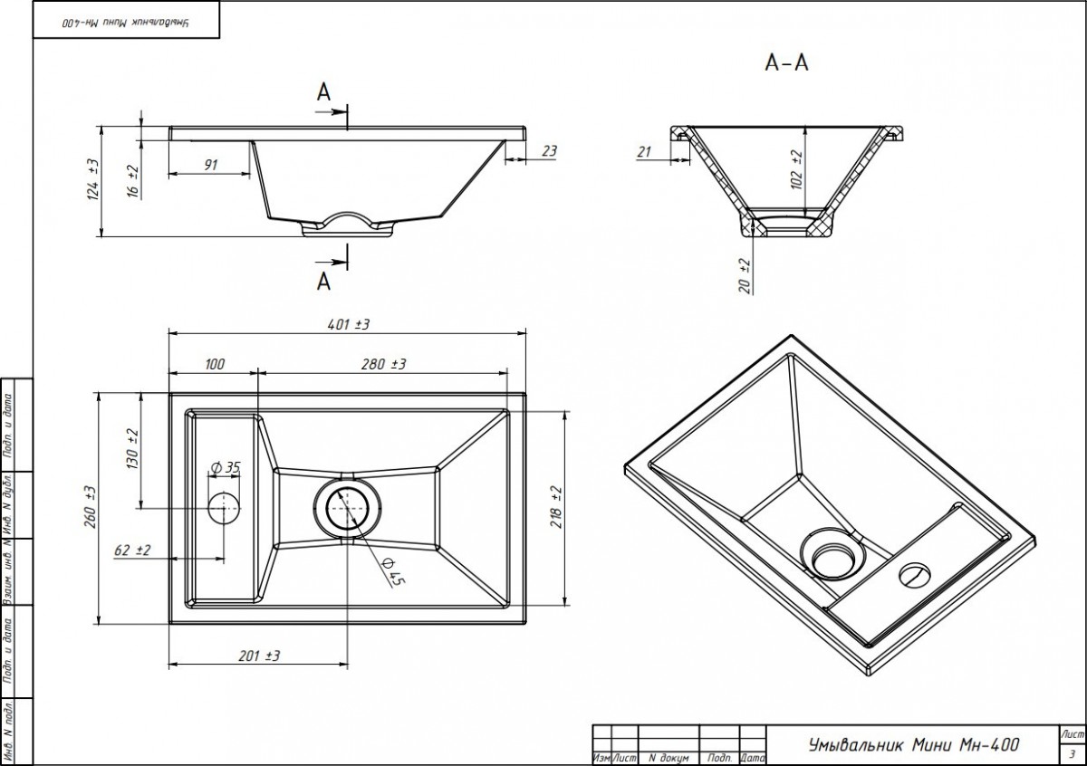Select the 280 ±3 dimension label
click(383, 364)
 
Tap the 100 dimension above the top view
click(215, 364)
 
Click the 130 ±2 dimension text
click(133, 447)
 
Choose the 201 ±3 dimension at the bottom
click(258, 656)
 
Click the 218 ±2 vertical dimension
click(556, 507)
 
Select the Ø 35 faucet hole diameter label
click(225, 467)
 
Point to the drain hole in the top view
click(347, 508)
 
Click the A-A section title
click(786, 62)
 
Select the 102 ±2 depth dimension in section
click(796, 168)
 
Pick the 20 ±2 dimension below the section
click(745, 274)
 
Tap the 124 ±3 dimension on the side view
click(91, 180)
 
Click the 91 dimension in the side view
click(210, 164)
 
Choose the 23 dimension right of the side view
click(549, 152)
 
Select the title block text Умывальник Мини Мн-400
click(913, 744)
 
